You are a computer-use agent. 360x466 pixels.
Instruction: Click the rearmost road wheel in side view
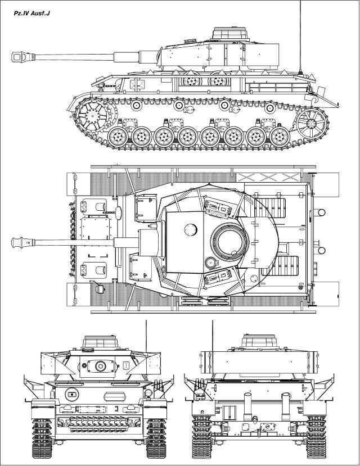click(278, 137)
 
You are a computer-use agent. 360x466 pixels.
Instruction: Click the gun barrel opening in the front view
click(101, 366)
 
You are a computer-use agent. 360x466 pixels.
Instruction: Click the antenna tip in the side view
click(301, 3)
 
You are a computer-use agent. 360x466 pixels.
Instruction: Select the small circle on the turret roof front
click(191, 229)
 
